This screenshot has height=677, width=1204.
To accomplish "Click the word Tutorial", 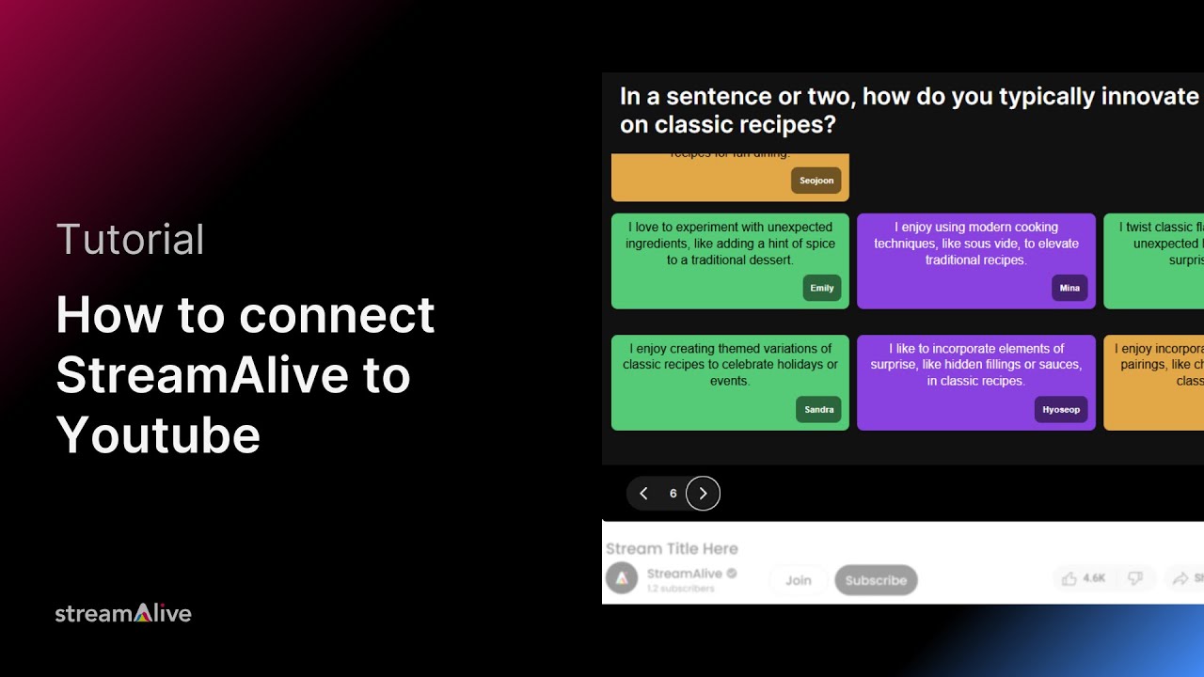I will (x=130, y=240).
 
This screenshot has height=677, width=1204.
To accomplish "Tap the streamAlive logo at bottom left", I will (x=123, y=614).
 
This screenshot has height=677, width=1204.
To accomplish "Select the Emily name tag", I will (x=822, y=288).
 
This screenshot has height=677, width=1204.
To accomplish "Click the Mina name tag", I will (x=1069, y=288).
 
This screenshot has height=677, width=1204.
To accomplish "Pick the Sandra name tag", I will (x=819, y=409).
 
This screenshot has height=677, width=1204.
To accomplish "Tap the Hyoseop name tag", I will (x=1061, y=409).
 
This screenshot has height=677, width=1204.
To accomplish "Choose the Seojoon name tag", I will (x=816, y=181).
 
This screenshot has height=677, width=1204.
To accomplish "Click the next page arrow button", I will (x=703, y=494).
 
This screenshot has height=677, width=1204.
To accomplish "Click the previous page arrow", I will (x=643, y=494).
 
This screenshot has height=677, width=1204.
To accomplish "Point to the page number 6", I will (x=673, y=494).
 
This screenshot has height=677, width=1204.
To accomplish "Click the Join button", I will (x=798, y=580).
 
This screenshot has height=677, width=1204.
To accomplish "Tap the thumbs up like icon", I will (x=1069, y=578).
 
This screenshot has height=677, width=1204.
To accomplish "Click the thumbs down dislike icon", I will (x=1135, y=578).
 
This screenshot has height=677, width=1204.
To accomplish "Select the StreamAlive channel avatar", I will (x=622, y=578).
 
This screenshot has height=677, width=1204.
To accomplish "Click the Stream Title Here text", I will (x=672, y=549).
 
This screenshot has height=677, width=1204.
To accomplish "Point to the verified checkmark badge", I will (x=732, y=574).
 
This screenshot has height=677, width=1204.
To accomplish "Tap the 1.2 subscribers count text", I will (x=680, y=589).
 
